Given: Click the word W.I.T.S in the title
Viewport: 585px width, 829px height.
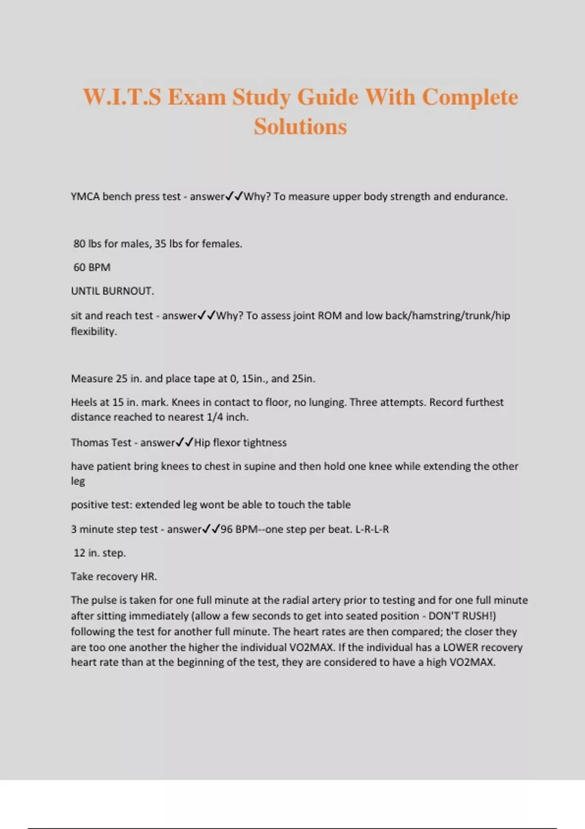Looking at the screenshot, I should coord(122,97).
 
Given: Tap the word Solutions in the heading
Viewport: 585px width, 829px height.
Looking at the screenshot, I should coord(300,127).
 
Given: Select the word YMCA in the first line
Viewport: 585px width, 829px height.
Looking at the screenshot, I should coord(85,197).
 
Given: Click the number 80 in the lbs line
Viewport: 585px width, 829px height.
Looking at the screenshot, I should coord(79,244).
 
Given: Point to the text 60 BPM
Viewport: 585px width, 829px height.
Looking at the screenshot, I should coord(92,267).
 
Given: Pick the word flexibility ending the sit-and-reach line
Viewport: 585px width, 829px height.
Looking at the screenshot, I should coord(94,332).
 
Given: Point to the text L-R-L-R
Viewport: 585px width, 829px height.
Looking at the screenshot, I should coord(372,530).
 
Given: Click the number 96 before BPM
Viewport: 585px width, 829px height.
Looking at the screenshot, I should coord(227,530).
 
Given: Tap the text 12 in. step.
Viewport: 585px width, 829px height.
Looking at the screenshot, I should coord(99,553).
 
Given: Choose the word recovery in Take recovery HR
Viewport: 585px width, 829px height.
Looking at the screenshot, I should coord(116,577).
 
